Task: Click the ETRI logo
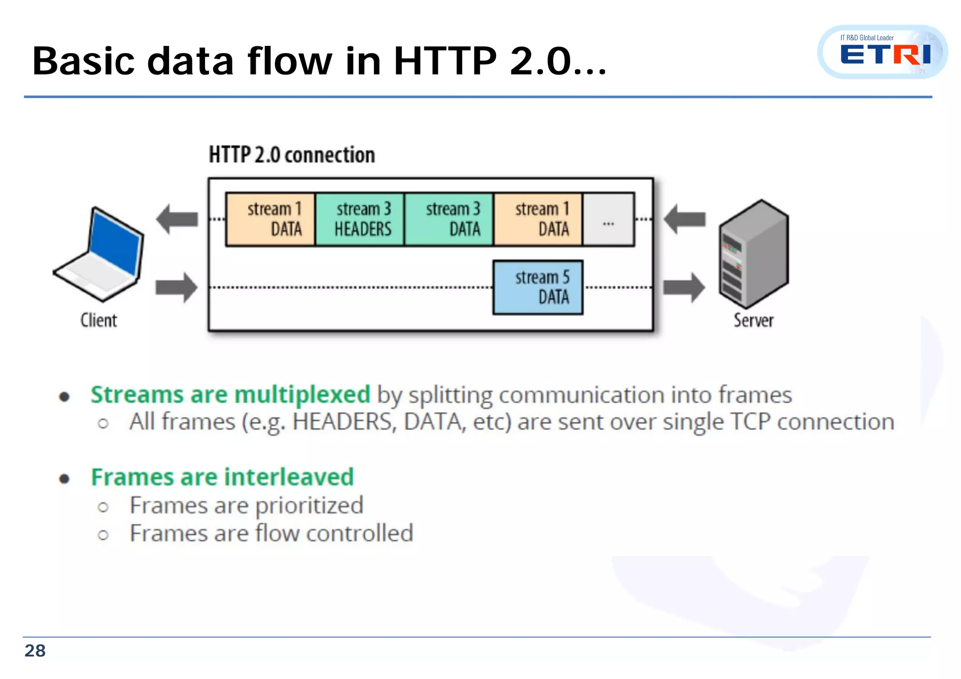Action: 883,52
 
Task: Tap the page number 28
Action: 35,651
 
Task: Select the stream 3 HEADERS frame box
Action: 360,219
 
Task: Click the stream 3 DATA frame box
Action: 449,219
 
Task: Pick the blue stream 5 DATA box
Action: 538,287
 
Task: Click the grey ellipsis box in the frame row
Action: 609,219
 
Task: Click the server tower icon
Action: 754,254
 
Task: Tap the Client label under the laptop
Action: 99,320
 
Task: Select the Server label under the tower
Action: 754,320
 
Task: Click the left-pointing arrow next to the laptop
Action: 177,219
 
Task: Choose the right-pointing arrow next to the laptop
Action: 177,287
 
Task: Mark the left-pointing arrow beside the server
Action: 685,219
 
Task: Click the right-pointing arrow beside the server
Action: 685,287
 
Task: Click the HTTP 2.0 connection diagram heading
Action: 292,155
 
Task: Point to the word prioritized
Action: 309,505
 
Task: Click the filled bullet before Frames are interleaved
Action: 64,479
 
